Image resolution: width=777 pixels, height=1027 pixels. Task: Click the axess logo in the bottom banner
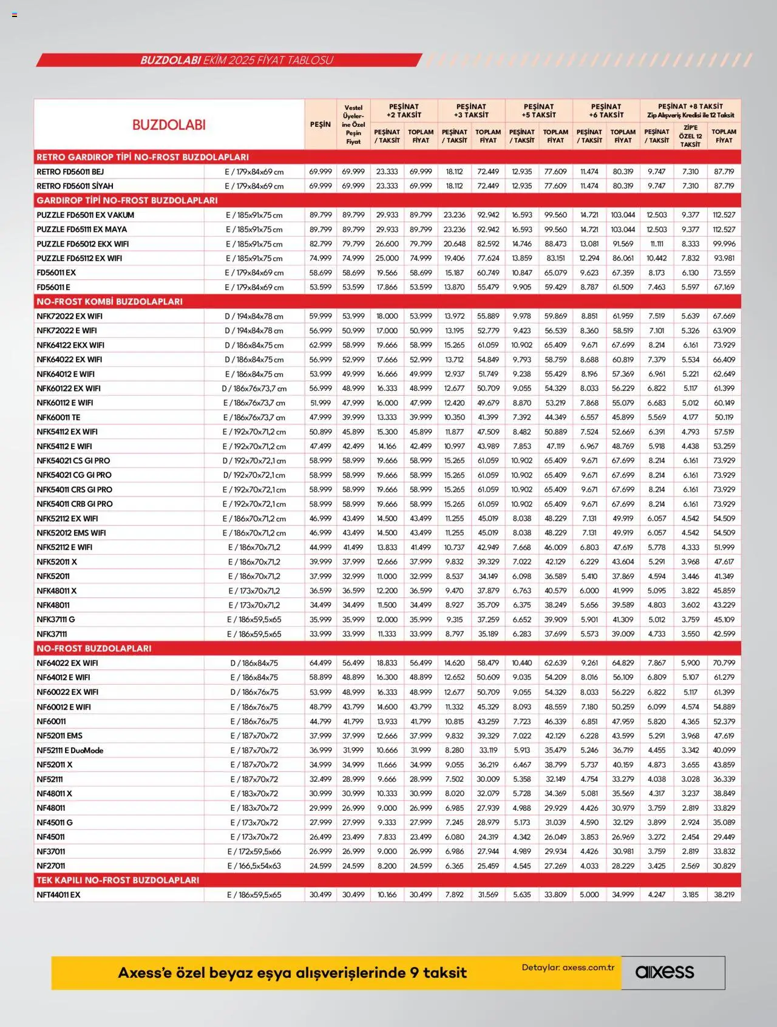point(664,972)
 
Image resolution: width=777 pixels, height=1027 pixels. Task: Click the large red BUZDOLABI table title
point(169,125)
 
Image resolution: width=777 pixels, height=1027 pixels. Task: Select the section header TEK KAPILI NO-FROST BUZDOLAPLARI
point(118,880)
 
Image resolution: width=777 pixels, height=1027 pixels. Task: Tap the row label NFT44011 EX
point(58,895)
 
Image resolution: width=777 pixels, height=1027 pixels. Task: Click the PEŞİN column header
point(321,124)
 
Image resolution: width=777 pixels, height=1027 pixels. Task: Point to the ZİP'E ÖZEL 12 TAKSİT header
point(690,136)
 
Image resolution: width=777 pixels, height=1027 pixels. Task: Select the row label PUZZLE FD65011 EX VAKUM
point(86,215)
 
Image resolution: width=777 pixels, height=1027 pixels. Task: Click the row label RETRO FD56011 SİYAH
point(75,186)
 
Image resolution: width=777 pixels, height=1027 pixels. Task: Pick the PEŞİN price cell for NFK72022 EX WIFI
point(321,316)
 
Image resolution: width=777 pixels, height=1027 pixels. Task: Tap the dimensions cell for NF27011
point(254,866)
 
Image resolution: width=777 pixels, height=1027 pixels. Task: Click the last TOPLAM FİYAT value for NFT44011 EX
point(724,895)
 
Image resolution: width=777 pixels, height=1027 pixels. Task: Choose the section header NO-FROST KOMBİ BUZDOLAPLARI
point(109,302)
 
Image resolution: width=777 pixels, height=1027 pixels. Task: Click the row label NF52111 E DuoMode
point(70,750)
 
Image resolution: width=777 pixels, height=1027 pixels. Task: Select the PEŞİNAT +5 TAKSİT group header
point(538,110)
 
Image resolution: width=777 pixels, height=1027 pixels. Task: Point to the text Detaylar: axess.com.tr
point(568,968)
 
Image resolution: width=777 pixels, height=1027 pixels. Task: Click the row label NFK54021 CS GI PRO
point(73,461)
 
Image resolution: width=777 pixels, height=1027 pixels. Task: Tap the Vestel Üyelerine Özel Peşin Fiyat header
point(353,124)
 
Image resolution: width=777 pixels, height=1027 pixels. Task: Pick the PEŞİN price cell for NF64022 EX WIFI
point(321,663)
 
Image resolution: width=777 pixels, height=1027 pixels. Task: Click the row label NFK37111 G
point(56,620)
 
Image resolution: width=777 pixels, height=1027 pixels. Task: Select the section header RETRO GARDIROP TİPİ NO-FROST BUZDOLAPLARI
point(143,157)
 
